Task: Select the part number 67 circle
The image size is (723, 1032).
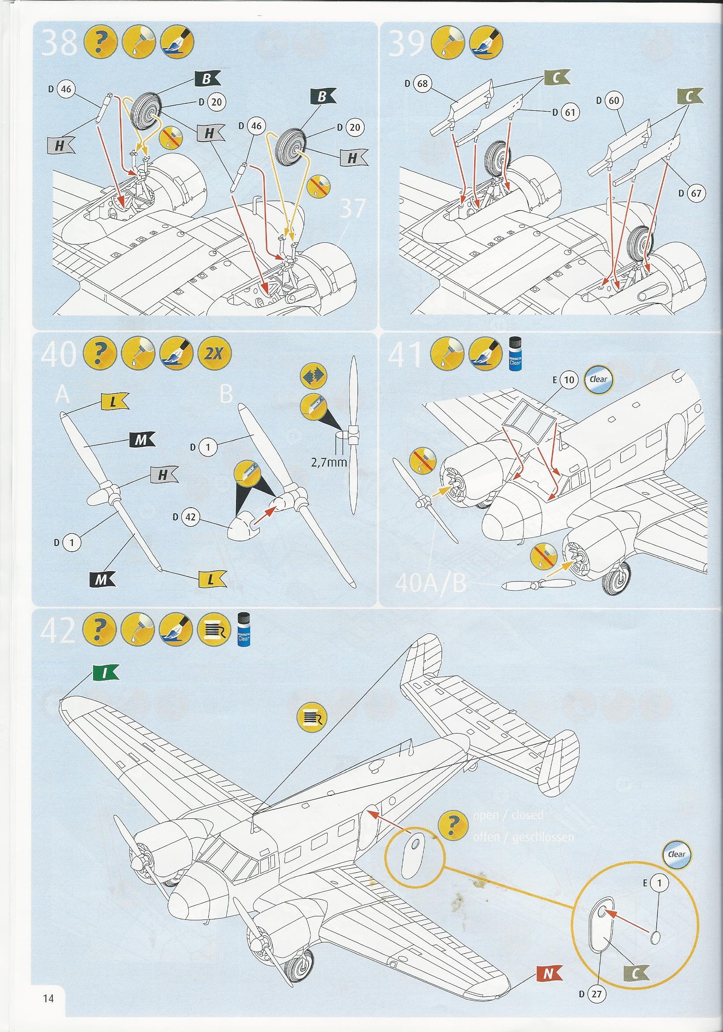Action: pos(697,194)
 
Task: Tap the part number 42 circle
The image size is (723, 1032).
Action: pos(191,517)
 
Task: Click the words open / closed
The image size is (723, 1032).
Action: pos(508,814)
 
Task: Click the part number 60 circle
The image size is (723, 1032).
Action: pos(614,101)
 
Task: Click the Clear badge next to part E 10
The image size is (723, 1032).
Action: pos(598,379)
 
